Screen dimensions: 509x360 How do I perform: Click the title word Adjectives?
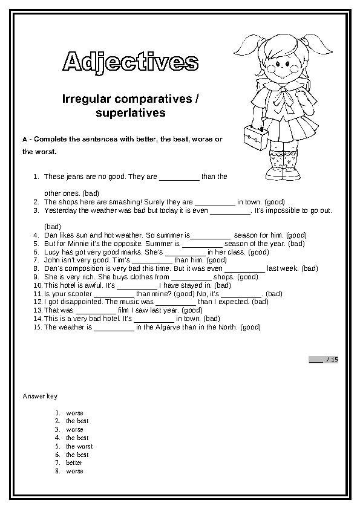click(x=131, y=62)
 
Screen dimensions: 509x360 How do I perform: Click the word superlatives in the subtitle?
click(x=131, y=112)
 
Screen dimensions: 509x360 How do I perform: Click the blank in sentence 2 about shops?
click(x=215, y=202)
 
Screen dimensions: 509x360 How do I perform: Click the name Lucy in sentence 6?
click(x=52, y=252)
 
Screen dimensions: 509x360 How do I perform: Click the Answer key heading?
click(x=40, y=396)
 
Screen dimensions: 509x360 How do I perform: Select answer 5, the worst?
click(x=79, y=446)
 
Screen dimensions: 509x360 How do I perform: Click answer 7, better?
click(x=74, y=462)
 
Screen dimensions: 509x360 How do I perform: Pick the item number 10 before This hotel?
click(x=38, y=285)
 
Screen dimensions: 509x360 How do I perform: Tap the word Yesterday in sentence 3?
click(x=59, y=210)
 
